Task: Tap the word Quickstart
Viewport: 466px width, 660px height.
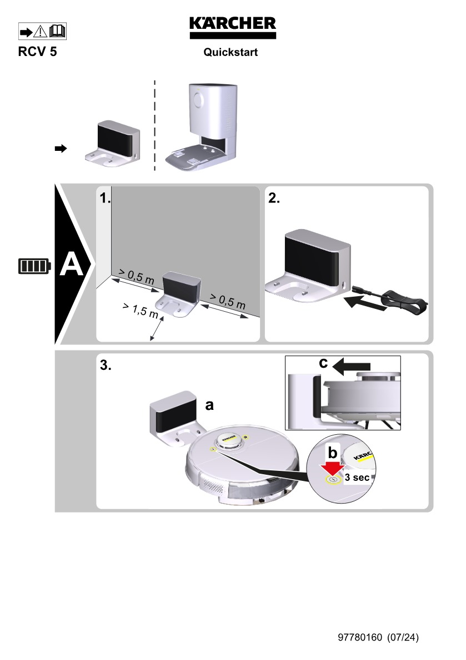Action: point(231,53)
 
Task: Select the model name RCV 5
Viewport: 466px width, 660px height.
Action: point(37,53)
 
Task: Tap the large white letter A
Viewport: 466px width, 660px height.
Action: point(71,265)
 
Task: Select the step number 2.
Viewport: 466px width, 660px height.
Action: point(274,199)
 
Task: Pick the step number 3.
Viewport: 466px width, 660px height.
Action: point(106,365)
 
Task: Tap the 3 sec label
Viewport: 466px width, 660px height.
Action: point(357,477)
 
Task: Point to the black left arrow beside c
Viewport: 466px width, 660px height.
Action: point(354,365)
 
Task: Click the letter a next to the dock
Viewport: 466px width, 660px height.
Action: point(209,406)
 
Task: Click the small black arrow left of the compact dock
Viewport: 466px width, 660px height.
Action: point(61,148)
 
